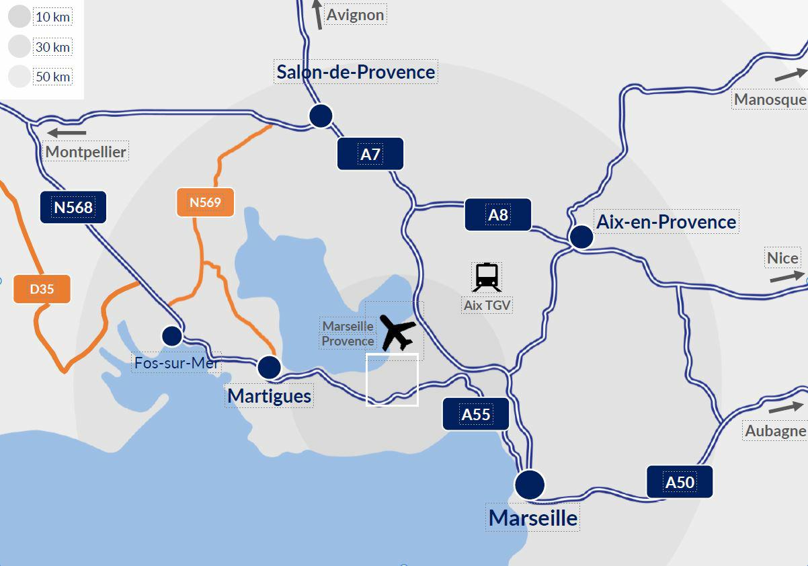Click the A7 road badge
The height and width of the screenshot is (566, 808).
pyautogui.click(x=370, y=154)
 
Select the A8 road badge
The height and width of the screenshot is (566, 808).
pyautogui.click(x=497, y=214)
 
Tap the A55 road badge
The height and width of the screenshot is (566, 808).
pyautogui.click(x=475, y=414)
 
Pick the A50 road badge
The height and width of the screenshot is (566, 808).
pyautogui.click(x=679, y=482)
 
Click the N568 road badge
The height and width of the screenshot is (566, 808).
pyautogui.click(x=73, y=207)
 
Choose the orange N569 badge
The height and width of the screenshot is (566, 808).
pyautogui.click(x=205, y=202)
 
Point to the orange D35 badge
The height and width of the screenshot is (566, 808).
pyautogui.click(x=42, y=289)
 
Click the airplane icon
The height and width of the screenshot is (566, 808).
pyautogui.click(x=399, y=332)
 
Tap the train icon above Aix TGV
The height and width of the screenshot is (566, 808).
pyautogui.click(x=487, y=277)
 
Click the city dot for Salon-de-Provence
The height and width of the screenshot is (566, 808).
pyautogui.click(x=321, y=116)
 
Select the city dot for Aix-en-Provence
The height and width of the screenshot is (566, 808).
pyautogui.click(x=581, y=237)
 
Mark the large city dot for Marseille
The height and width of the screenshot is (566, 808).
pyautogui.click(x=530, y=484)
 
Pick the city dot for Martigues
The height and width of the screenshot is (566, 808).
pyautogui.click(x=269, y=367)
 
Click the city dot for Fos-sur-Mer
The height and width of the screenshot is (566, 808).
pyautogui.click(x=172, y=335)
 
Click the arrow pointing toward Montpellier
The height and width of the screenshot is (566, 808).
pyautogui.click(x=67, y=133)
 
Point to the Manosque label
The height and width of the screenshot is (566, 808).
pyautogui.click(x=770, y=99)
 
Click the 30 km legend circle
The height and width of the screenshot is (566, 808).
pyautogui.click(x=19, y=46)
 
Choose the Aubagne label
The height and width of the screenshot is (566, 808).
pyautogui.click(x=775, y=431)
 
